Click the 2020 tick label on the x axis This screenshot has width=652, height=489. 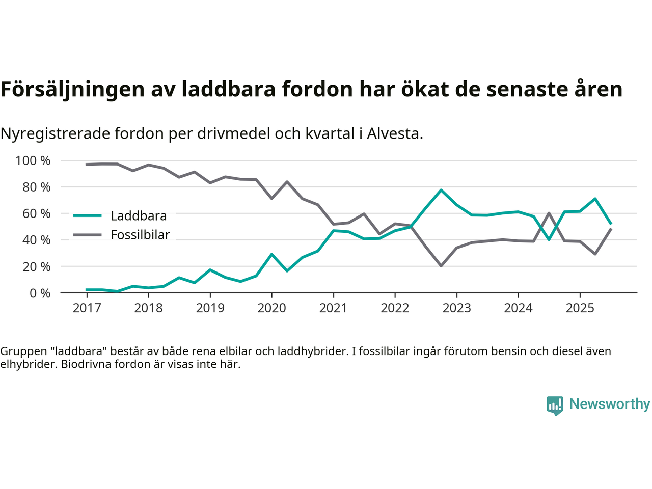[x=271, y=308]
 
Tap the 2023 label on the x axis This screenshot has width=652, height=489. [x=456, y=308]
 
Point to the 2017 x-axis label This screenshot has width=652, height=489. [x=87, y=308]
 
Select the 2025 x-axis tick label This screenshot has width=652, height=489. [x=580, y=308]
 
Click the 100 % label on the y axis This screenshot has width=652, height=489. [x=33, y=161]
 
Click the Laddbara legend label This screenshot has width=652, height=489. [x=139, y=216]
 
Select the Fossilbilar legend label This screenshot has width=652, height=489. [x=140, y=235]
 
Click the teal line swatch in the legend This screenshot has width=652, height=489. [x=88, y=215]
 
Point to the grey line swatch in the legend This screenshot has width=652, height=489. [x=88, y=235]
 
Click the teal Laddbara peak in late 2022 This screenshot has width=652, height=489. [x=441, y=190]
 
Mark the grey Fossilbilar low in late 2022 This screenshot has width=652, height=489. [x=441, y=266]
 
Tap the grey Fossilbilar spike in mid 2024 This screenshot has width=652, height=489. [x=549, y=213]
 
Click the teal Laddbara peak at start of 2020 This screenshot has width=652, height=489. [x=271, y=254]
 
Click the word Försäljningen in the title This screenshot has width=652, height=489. [x=73, y=89]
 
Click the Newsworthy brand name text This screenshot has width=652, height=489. [x=609, y=404]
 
